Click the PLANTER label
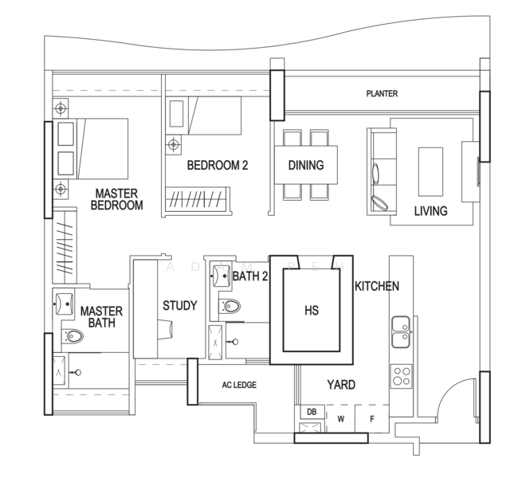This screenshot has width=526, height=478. click(x=382, y=93)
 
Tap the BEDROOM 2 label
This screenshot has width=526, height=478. click(x=218, y=166)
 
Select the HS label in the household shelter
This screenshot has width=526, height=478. click(x=312, y=310)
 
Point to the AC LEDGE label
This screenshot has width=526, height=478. click(x=239, y=385)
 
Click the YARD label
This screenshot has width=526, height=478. click(x=341, y=385)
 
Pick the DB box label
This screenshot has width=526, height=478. click(x=312, y=412)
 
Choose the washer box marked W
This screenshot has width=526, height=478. click(x=340, y=418)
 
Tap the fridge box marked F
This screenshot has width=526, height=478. click(x=371, y=418)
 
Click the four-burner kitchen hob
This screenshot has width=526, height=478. click(x=401, y=376)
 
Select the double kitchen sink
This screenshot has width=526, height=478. click(x=401, y=331)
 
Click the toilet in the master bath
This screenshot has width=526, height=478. click(x=73, y=335)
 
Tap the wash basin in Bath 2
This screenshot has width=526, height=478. click(x=221, y=276)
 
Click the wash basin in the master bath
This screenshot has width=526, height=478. click(x=64, y=304)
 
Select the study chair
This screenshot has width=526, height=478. click(x=165, y=329)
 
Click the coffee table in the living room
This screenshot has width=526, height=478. click(x=430, y=172)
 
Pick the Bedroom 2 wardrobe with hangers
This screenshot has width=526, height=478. click(x=198, y=200)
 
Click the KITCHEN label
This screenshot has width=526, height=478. click(x=377, y=286)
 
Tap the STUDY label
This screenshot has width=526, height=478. click(x=180, y=306)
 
